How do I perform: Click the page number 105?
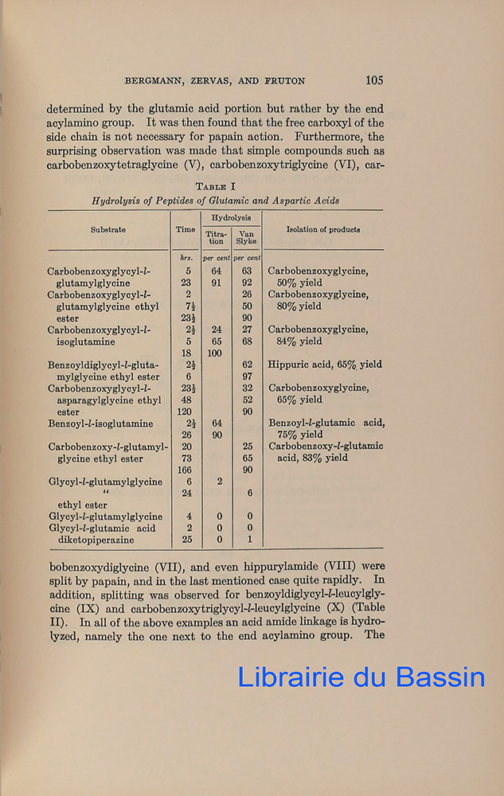pyautogui.click(x=374, y=80)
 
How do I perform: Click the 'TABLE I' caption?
pyautogui.click(x=215, y=185)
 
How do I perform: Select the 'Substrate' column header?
pyautogui.click(x=107, y=230)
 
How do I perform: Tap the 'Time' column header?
pyautogui.click(x=186, y=230)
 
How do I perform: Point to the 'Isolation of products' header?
pyautogui.click(x=322, y=230)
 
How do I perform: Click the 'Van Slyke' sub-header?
pyautogui.click(x=247, y=236)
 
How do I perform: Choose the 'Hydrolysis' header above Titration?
pyautogui.click(x=231, y=217)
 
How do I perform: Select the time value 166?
pyautogui.click(x=186, y=470)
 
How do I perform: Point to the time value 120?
pyautogui.click(x=186, y=412)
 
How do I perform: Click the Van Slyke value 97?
pyautogui.click(x=247, y=377)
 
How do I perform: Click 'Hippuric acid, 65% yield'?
pyautogui.click(x=324, y=365)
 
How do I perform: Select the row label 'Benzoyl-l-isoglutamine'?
pyautogui.click(x=100, y=423)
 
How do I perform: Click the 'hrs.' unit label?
pyautogui.click(x=186, y=258)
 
